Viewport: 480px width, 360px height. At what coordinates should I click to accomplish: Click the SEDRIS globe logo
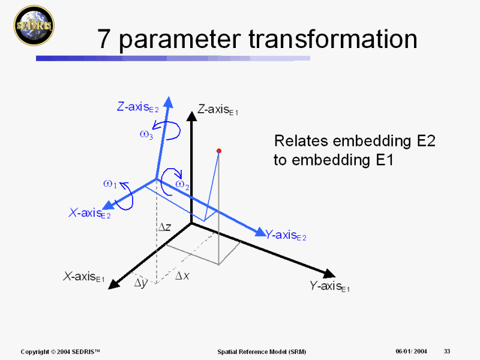(34, 25)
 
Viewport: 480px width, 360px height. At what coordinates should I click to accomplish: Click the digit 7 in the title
(103, 39)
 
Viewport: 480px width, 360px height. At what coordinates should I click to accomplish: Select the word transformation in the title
(333, 39)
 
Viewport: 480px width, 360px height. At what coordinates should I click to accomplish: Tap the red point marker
(218, 151)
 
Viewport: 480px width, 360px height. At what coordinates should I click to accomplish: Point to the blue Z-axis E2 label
(138, 107)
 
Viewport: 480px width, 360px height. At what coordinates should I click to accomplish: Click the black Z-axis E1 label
(218, 109)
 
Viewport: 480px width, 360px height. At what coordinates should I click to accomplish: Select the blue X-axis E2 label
(89, 213)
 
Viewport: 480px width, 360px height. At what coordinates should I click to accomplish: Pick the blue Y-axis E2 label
(286, 235)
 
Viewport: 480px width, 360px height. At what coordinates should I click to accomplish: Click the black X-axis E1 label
(83, 277)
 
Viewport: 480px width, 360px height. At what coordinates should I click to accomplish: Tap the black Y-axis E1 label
(329, 286)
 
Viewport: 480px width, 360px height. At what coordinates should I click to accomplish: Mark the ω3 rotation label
(146, 134)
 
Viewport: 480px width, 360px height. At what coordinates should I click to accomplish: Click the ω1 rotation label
(110, 184)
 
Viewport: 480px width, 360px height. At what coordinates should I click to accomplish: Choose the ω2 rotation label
(182, 185)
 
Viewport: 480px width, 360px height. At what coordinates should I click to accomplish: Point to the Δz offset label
(164, 227)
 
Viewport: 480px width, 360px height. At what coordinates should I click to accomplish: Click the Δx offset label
(182, 276)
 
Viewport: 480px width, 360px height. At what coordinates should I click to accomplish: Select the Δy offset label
(141, 283)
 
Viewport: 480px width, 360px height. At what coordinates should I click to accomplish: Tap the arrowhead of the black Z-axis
(191, 116)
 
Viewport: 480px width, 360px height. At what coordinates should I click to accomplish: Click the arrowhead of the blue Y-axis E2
(261, 232)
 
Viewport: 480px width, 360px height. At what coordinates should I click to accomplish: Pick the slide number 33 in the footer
(447, 351)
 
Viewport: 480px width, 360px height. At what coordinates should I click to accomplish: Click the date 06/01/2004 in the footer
(411, 351)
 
